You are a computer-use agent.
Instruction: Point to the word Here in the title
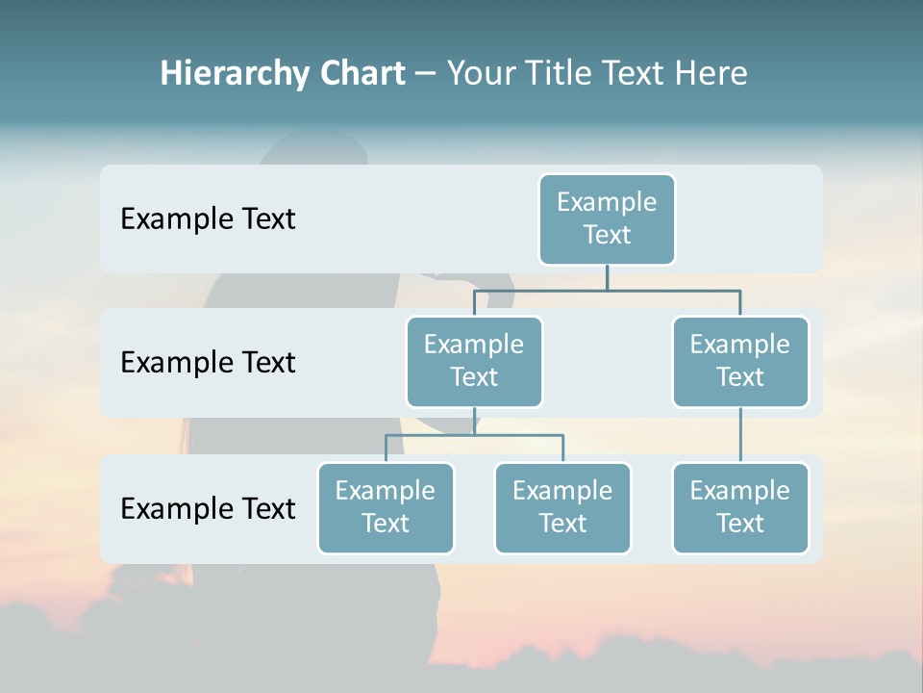tap(711, 73)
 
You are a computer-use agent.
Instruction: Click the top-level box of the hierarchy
tap(607, 218)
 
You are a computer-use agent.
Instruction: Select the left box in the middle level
tap(474, 361)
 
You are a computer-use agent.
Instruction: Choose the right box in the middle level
tap(740, 361)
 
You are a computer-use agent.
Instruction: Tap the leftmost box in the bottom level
tap(386, 507)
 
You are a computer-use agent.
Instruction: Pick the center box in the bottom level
tap(562, 507)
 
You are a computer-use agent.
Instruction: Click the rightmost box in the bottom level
tap(740, 507)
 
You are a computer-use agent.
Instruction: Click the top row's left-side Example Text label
tap(208, 218)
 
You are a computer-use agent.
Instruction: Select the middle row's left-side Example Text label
tap(208, 362)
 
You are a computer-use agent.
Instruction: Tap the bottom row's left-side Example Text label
tap(208, 508)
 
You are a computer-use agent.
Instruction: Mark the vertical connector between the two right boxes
tap(740, 435)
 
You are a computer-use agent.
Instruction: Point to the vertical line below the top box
tap(607, 277)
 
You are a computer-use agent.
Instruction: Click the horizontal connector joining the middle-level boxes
tap(607, 289)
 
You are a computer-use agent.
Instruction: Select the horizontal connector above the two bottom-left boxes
tap(474, 435)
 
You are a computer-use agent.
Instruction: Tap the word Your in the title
tap(480, 73)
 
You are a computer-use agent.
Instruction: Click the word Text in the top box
tap(607, 235)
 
